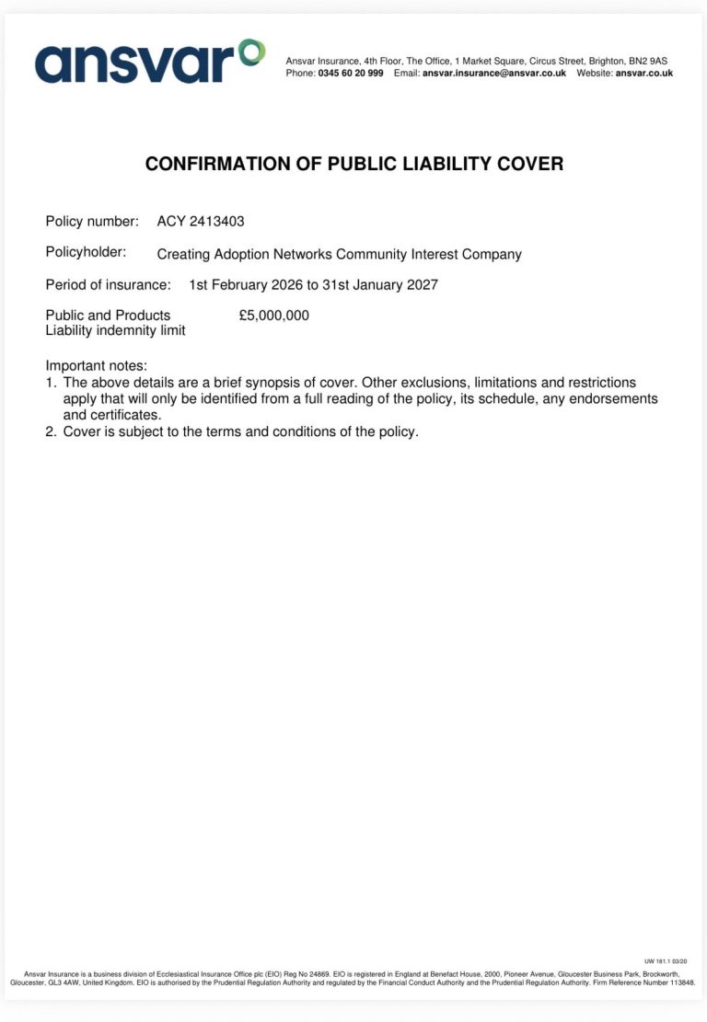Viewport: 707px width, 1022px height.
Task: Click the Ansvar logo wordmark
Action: click(138, 63)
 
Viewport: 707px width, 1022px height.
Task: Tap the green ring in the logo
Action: click(251, 52)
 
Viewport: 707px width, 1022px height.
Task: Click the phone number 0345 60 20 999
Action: click(351, 74)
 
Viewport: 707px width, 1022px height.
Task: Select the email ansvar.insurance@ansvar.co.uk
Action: click(493, 74)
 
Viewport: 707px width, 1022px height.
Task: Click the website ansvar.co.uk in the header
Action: click(644, 74)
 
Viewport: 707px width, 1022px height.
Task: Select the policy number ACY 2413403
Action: click(201, 222)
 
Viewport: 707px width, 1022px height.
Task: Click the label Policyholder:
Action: click(86, 252)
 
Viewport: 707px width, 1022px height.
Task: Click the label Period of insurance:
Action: click(108, 285)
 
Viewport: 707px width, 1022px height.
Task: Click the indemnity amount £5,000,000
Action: click(273, 316)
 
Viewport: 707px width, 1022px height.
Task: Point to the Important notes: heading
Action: click(96, 366)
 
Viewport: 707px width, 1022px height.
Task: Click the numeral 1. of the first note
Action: click(51, 383)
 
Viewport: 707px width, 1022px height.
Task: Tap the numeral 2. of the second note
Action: click(51, 431)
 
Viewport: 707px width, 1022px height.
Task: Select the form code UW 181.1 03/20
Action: click(666, 960)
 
